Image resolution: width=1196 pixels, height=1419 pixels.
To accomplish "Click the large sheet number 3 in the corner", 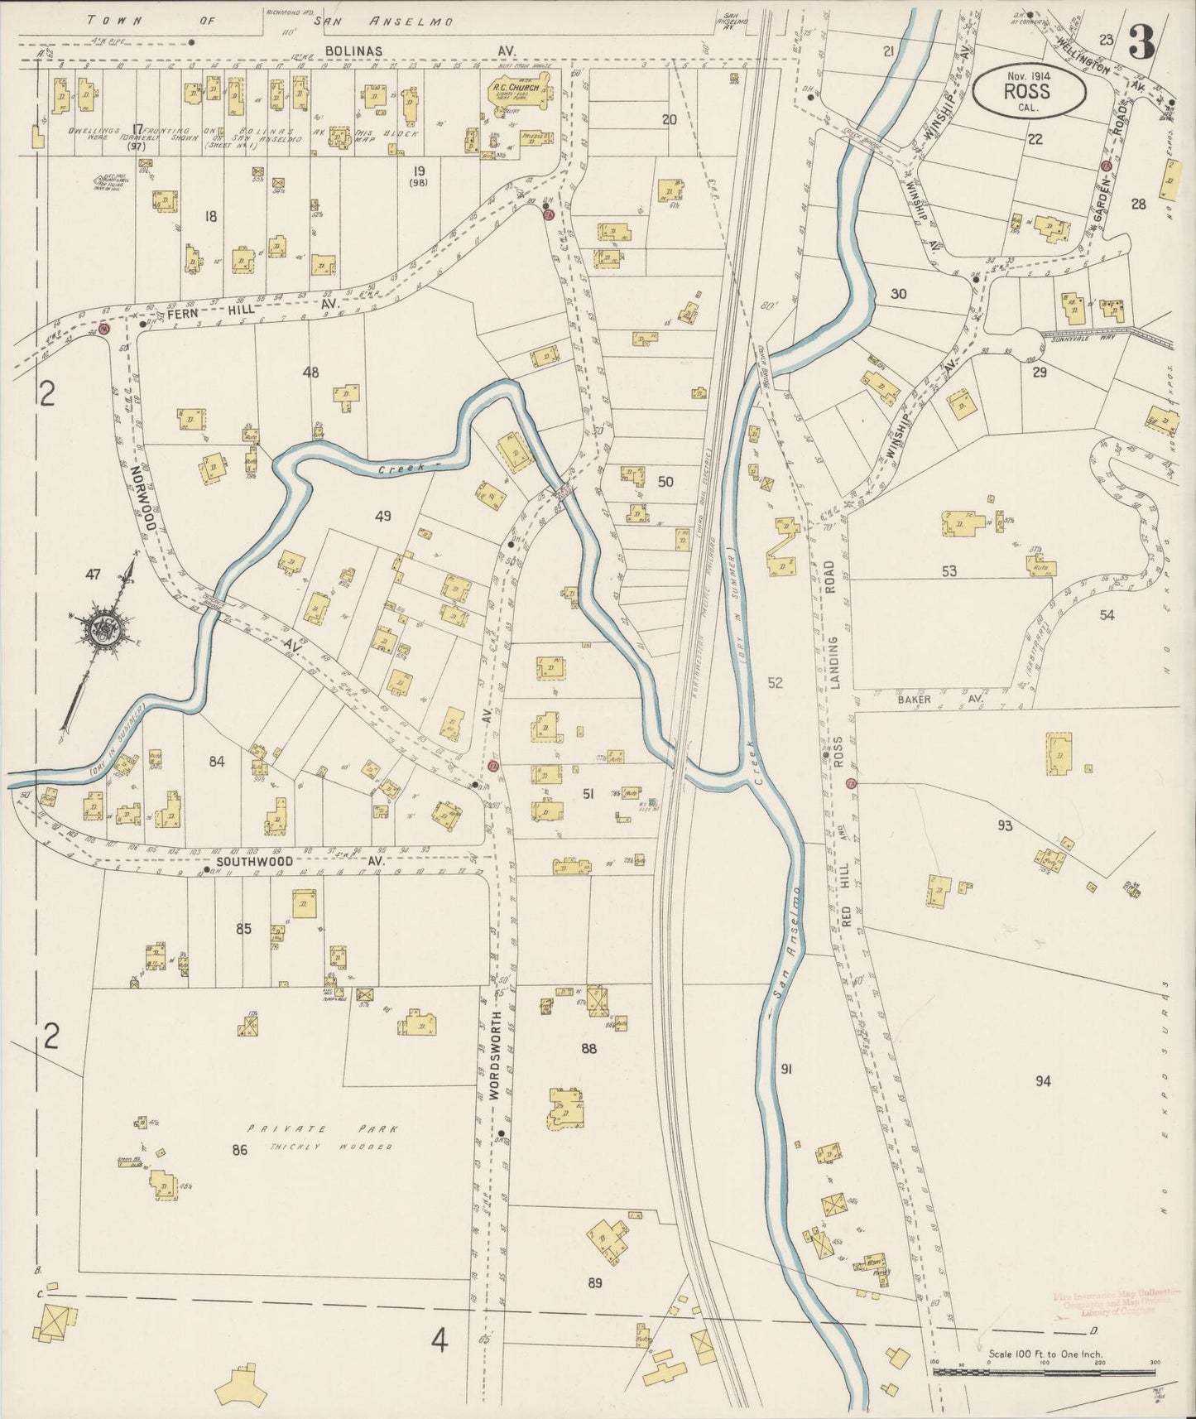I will pos(1143,41).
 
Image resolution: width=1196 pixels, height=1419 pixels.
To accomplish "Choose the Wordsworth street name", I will pos(497,1054).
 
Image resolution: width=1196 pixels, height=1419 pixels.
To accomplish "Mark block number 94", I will pos(1042,1080).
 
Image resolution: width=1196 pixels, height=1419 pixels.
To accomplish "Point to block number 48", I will pos(310,373).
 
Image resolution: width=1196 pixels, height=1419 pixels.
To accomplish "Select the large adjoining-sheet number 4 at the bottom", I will pos(439,1339).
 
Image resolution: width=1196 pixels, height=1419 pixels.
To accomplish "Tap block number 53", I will pos(949,570).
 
